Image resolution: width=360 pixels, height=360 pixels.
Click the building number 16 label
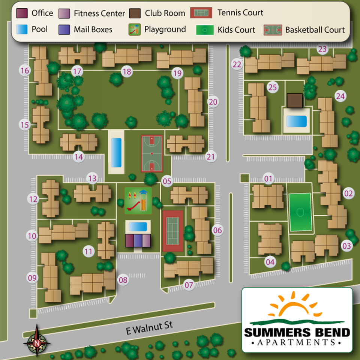tap(25, 70)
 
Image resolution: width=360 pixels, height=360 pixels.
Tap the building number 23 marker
tap(322, 49)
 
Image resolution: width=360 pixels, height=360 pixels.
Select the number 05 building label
tap(167, 182)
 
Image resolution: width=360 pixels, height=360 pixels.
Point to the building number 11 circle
tap(88, 251)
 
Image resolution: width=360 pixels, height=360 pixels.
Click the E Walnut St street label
tap(149, 327)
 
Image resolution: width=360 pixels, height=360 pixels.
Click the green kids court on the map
tap(300, 212)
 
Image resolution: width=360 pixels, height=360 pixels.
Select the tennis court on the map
tap(173, 230)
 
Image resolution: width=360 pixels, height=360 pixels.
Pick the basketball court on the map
tap(152, 153)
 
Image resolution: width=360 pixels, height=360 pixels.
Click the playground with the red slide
tap(138, 201)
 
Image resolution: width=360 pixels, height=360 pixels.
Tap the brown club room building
tap(294, 100)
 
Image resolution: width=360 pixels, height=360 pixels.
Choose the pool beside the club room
tap(296, 121)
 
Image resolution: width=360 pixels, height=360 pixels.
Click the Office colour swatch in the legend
tap(22, 13)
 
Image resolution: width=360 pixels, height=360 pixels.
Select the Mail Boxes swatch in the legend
tap(64, 29)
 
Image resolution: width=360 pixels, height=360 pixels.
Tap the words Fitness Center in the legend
tap(99, 13)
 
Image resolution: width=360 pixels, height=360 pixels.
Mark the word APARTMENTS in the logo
tap(297, 342)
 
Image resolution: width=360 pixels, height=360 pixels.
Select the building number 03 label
tap(347, 246)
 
